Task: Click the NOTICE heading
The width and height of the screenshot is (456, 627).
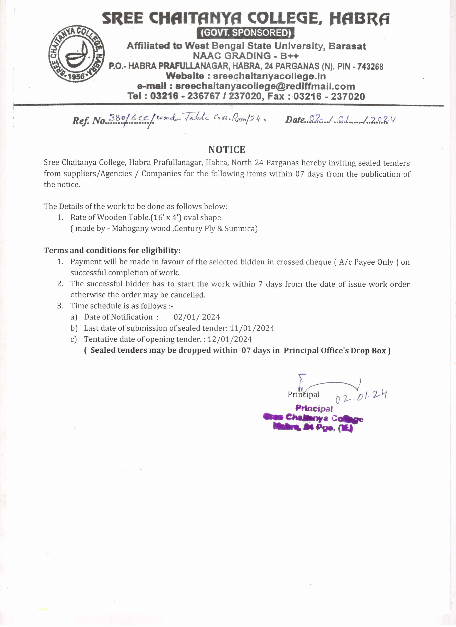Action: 227,150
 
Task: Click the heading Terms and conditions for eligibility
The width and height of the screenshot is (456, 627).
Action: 112,250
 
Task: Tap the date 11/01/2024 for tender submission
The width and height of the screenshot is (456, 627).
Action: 252,328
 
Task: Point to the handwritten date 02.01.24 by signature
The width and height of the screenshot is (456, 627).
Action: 361,397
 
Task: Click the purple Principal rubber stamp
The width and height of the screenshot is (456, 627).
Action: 313,419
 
